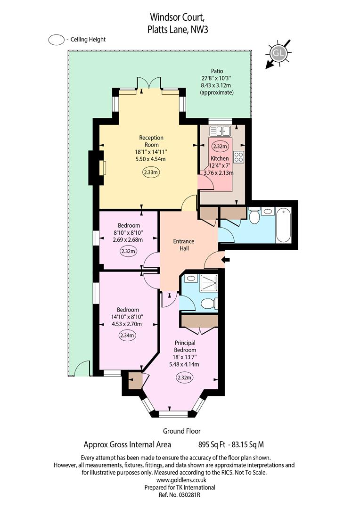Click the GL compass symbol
278,53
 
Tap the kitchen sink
220,131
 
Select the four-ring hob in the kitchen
238,157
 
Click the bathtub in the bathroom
283,225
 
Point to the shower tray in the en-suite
208,283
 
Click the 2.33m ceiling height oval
151,172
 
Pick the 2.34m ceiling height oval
127,336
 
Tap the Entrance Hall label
184,245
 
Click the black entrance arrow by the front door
226,259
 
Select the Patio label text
217,71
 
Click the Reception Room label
151,141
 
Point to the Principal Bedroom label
185,346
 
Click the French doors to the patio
149,83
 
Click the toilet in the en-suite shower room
208,304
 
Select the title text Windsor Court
177,17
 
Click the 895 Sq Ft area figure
212,444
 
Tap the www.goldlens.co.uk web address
181,480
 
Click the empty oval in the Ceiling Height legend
56,40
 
